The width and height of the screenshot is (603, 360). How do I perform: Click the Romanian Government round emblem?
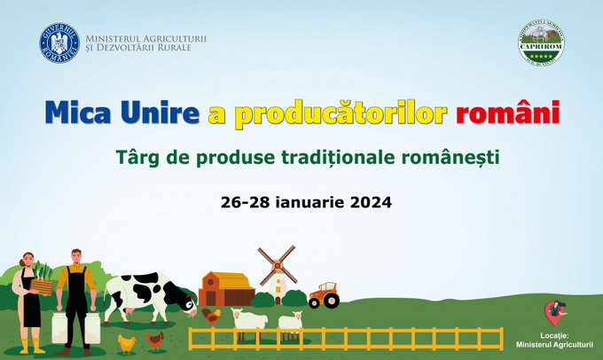(59, 43)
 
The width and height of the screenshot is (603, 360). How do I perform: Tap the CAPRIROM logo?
(541, 42)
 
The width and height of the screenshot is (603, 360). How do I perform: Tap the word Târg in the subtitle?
(137, 158)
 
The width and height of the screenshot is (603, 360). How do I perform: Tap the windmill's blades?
(277, 263)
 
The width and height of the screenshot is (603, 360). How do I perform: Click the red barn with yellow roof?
(226, 289)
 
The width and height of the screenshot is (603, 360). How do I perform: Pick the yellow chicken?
(126, 342)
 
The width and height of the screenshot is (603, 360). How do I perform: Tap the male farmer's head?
(76, 258)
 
